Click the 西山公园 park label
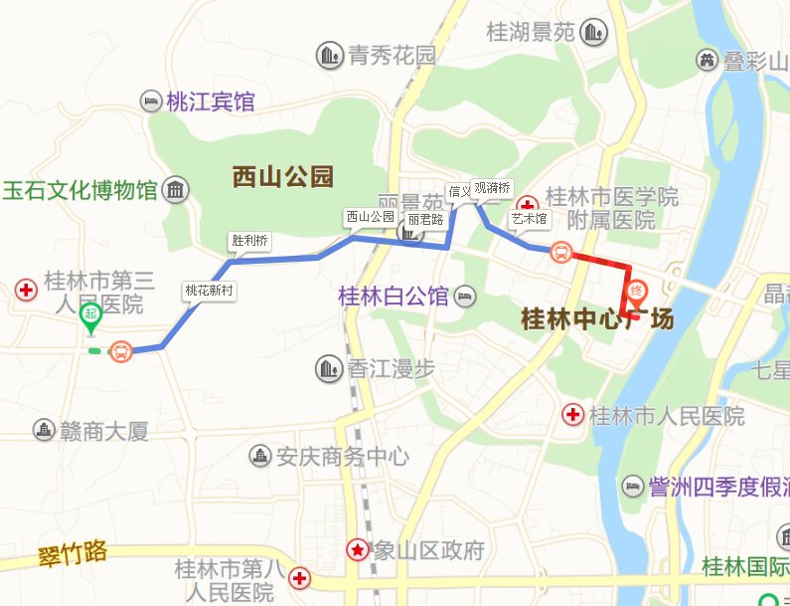[x=282, y=177]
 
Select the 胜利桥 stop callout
[x=249, y=241]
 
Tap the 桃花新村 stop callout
[x=209, y=291]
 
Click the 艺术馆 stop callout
[x=529, y=217]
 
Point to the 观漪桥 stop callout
[x=491, y=188]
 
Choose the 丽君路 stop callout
[x=424, y=219]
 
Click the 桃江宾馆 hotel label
[x=210, y=101]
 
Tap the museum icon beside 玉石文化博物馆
[x=177, y=189]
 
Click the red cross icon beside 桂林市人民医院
[x=573, y=414]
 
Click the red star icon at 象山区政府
[x=357, y=549]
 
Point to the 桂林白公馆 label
[x=394, y=296]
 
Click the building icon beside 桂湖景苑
[x=594, y=33]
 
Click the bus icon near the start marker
[x=121, y=351]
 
